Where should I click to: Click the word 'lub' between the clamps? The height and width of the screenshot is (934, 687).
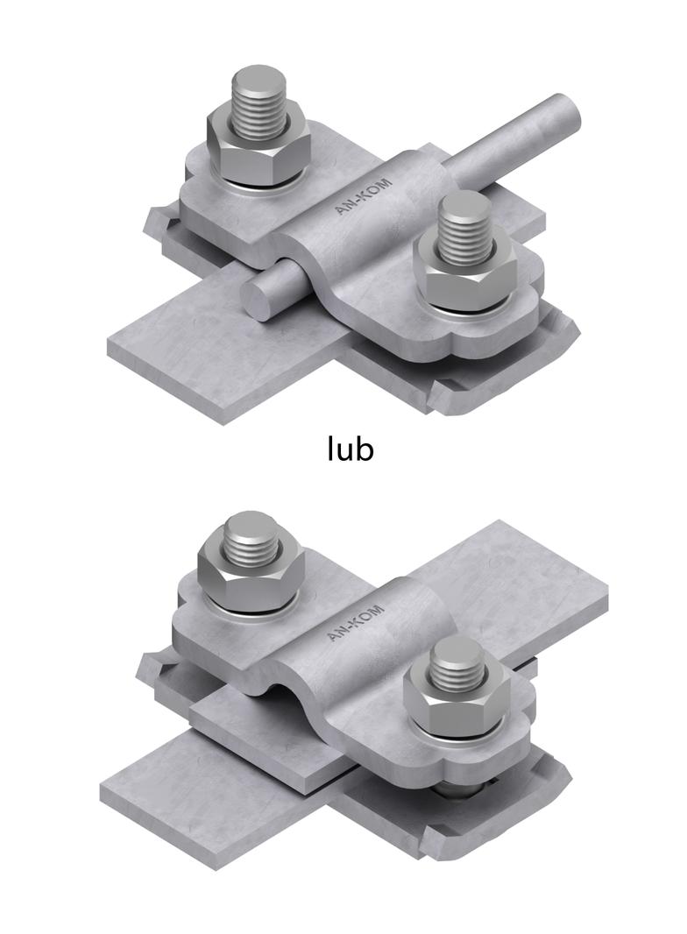point(351,448)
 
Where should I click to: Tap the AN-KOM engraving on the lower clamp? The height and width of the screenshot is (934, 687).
point(356,623)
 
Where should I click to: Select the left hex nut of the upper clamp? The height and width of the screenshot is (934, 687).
point(259,146)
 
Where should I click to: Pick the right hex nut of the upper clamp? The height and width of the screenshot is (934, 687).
point(465,274)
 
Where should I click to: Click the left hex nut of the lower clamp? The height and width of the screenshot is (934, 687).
point(251,577)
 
